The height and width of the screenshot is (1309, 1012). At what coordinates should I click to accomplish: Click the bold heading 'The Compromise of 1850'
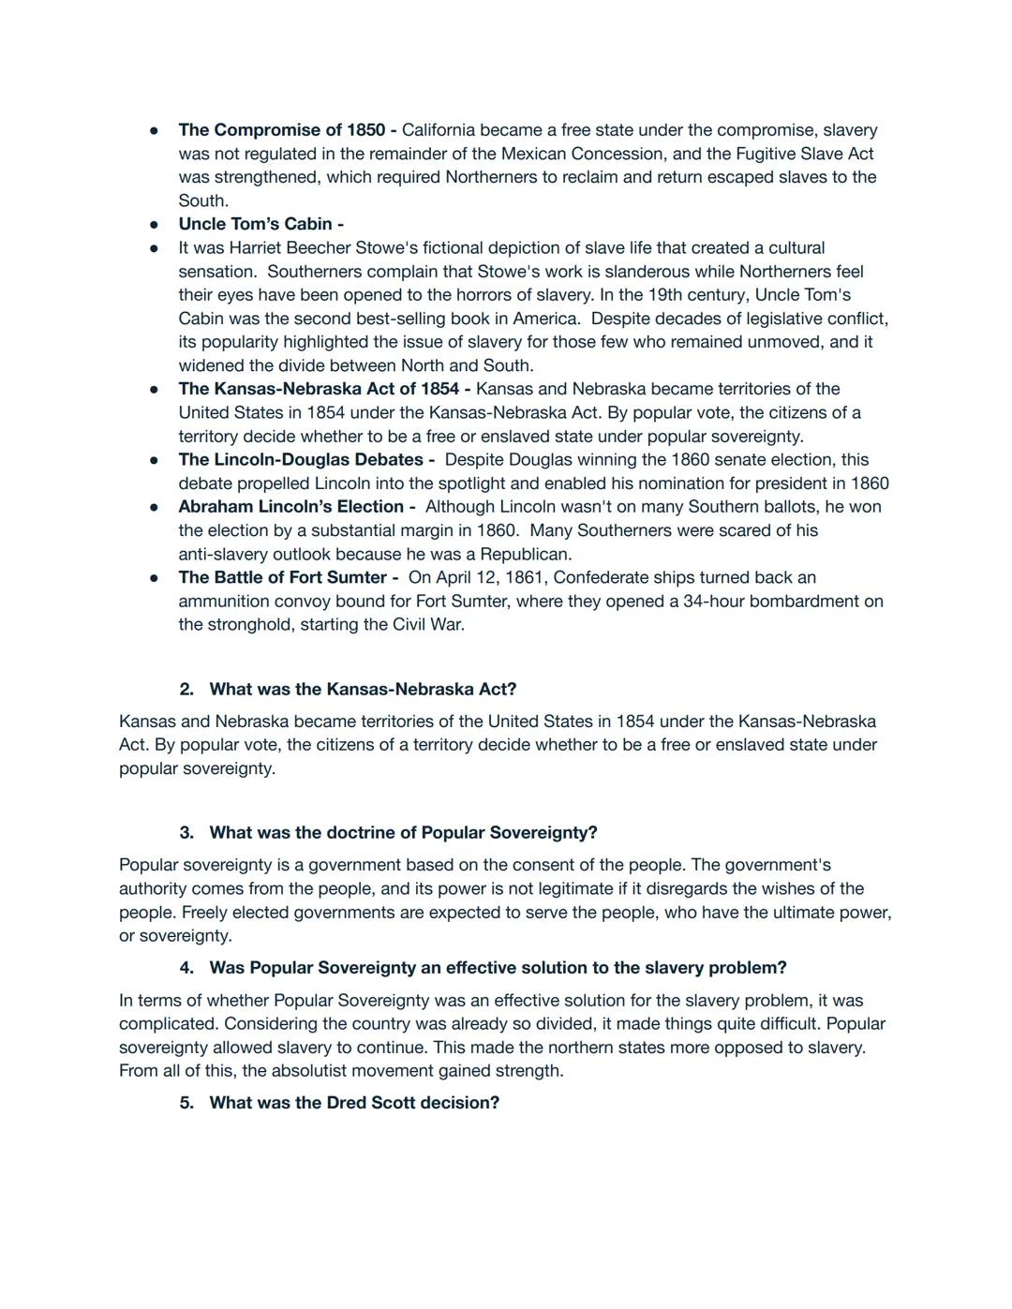point(281,130)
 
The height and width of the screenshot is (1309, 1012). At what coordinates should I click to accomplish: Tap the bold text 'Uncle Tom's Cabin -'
point(260,224)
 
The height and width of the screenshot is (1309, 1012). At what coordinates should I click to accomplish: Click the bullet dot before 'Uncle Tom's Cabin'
point(154,225)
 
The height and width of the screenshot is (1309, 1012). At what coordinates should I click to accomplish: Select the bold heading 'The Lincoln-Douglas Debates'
point(301,460)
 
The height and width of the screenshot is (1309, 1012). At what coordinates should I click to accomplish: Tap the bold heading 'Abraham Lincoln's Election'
point(291,507)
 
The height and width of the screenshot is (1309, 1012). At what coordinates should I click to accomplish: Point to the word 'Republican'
point(524,554)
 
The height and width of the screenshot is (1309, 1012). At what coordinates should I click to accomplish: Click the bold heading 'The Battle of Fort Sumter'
point(283,577)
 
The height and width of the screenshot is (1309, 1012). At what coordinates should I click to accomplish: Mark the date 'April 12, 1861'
point(490,577)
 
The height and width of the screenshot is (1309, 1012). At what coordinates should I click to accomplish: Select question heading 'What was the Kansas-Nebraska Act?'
point(363,690)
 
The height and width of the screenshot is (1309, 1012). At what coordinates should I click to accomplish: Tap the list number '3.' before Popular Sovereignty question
point(186,833)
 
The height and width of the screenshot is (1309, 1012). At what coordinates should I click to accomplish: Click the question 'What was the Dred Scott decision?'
point(354,1103)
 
